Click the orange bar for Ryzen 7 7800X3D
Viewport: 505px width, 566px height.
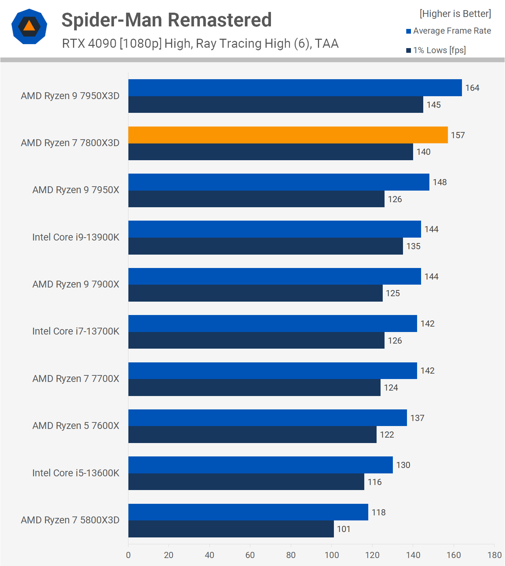[x=288, y=135]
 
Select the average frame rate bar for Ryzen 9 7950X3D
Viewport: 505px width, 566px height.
[x=295, y=88]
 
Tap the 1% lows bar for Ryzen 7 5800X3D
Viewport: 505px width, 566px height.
[x=231, y=529]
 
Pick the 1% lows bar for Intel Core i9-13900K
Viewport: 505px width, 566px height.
[x=266, y=246]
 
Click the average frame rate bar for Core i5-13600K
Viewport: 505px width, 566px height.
[x=260, y=465]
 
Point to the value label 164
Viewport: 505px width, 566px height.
[x=472, y=88]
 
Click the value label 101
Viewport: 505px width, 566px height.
[x=344, y=529]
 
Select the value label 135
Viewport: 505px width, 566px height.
[x=413, y=246]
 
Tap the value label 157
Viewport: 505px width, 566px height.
[x=458, y=135]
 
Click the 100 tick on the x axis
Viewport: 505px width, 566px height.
[x=332, y=555]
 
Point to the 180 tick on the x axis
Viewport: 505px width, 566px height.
[x=495, y=555]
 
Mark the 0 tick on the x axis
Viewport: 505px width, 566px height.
[x=128, y=555]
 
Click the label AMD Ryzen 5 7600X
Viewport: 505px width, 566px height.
[x=76, y=426]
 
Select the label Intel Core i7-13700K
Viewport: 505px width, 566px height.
[x=76, y=331]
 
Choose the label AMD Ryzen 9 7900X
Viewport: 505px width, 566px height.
[x=76, y=284]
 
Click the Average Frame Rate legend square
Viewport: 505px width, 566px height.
[x=409, y=31]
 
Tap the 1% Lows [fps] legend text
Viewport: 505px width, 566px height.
[x=440, y=50]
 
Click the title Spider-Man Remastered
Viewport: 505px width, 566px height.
[x=166, y=20]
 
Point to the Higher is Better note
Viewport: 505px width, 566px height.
[x=455, y=14]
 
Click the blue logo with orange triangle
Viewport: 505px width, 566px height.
[x=29, y=26]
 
